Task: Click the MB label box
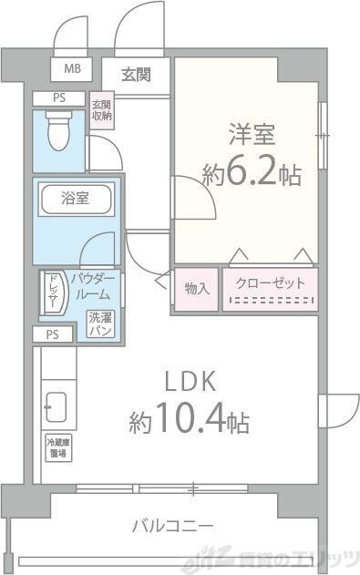[x=71, y=68]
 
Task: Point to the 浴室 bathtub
[x=76, y=199]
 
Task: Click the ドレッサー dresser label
[x=53, y=292]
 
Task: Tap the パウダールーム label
[x=92, y=286]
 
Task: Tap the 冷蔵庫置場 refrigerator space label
[x=57, y=447]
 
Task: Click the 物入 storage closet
[x=196, y=289]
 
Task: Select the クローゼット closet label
[x=271, y=283]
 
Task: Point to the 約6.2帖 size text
[x=252, y=174]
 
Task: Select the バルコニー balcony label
[x=172, y=526]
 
